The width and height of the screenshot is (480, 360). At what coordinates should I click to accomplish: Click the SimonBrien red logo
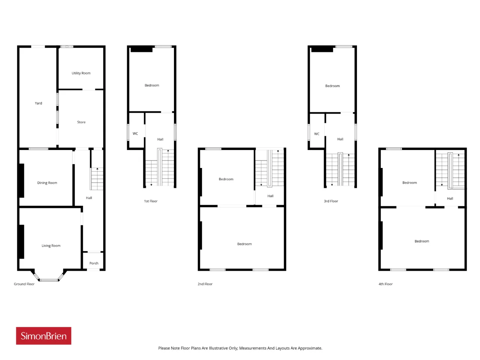(x=43, y=336)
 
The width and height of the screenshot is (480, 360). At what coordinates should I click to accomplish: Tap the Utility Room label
(x=81, y=73)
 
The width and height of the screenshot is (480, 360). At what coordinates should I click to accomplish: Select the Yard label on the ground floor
(x=38, y=103)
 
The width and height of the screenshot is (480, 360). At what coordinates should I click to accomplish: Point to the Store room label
(x=81, y=122)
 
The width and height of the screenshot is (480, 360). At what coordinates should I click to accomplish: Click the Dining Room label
(x=47, y=183)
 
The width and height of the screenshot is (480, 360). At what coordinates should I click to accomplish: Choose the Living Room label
(x=51, y=246)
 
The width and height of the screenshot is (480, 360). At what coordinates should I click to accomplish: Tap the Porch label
(x=94, y=263)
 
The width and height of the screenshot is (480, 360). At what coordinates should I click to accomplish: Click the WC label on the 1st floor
(x=135, y=133)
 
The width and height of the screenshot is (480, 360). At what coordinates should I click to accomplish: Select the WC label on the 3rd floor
(x=316, y=134)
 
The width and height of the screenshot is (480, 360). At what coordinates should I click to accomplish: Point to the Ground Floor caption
(x=24, y=284)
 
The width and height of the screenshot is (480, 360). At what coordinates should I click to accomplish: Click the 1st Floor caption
(x=151, y=201)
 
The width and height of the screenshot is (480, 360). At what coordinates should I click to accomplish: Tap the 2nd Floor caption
(x=205, y=284)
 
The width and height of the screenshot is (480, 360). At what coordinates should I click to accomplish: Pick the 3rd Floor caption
(x=331, y=201)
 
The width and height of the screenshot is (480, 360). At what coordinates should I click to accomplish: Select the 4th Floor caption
(x=385, y=284)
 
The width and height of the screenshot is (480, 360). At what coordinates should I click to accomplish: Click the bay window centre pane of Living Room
(x=49, y=280)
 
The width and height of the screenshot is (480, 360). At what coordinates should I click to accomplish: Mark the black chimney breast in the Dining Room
(x=22, y=180)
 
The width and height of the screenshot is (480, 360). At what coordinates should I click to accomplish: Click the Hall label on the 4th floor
(x=450, y=198)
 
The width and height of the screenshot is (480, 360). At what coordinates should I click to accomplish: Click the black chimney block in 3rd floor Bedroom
(x=322, y=49)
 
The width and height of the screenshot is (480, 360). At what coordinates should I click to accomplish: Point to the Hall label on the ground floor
(x=89, y=198)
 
